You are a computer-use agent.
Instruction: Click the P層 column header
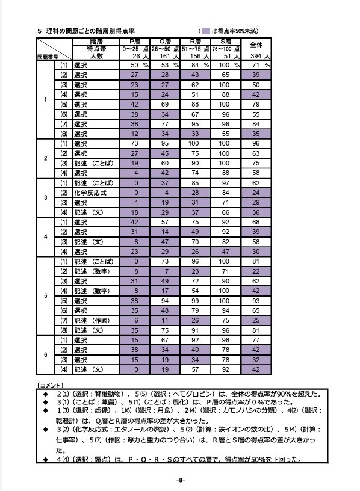135,40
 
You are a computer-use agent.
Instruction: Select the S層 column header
227,40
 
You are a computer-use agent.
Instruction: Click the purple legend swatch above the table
205,30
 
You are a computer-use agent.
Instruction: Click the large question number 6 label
46,354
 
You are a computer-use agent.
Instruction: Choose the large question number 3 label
46,197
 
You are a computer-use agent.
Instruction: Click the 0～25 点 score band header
135,48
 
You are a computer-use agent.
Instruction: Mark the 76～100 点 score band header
227,48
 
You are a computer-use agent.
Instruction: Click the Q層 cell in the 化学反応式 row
166,193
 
